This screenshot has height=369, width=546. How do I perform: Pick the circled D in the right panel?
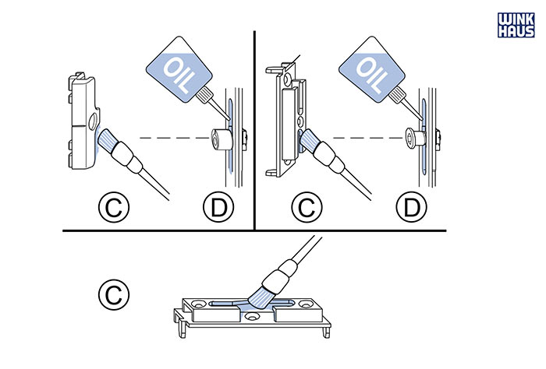point(410,207)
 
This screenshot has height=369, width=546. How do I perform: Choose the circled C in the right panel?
point(307,207)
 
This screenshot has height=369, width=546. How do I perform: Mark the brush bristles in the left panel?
point(108,144)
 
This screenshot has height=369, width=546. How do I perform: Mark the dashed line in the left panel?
point(168,138)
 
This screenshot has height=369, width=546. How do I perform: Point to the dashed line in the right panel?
point(363,138)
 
